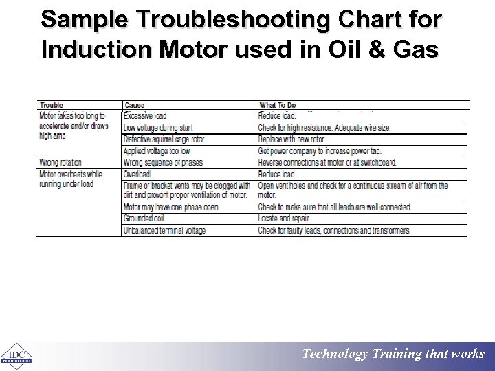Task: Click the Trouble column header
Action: pos(52,105)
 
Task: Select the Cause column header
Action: pos(135,105)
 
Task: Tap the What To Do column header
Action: pos(277,105)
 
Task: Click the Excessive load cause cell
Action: pos(145,116)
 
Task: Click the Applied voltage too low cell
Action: pos(157,151)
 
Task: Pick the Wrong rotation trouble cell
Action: pos(60,163)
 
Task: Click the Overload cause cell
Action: pos(137,175)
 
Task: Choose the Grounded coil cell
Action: pos(143,218)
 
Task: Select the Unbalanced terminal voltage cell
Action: pos(164,230)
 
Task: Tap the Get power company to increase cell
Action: pos(320,151)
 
